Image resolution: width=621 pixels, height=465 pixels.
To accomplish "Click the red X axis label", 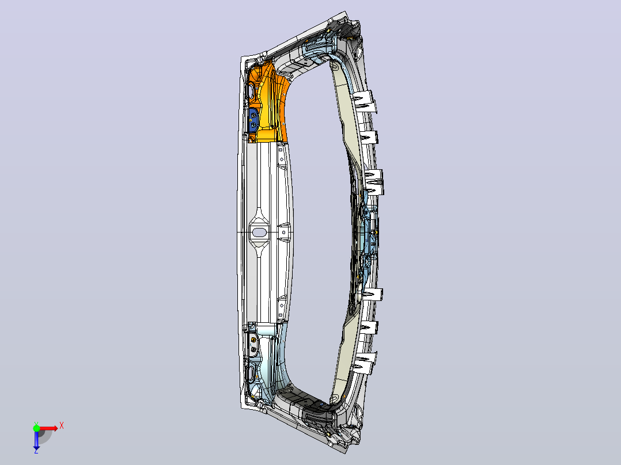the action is [x=62, y=426].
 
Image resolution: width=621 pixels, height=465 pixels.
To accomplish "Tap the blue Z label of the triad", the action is [x=36, y=451].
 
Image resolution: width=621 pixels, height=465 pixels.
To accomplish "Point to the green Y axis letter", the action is [x=36, y=424].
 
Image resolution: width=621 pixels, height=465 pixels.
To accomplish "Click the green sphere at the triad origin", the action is [x=36, y=428].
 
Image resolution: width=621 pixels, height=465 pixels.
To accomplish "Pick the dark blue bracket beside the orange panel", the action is [x=253, y=120].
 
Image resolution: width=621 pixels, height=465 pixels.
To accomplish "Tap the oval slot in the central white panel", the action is [x=259, y=232].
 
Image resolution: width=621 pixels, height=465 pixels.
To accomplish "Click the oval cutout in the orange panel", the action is [x=251, y=91].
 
